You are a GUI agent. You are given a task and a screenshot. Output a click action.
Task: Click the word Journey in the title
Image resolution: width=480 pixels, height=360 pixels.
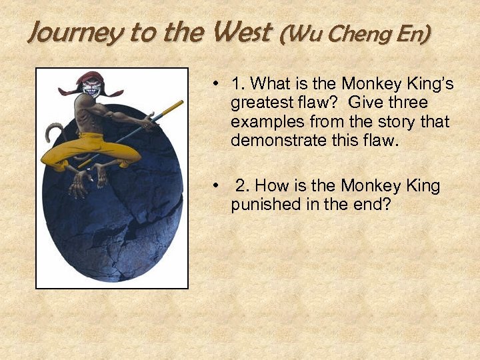tap(66, 33)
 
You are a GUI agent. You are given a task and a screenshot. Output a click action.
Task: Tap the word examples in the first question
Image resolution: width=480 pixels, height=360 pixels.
tap(263, 123)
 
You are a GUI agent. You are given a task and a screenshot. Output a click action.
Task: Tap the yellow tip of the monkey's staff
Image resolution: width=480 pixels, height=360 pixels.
tap(177, 105)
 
